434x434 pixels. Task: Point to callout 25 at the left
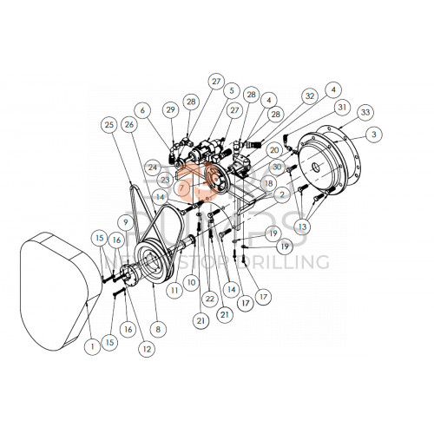point(109,124)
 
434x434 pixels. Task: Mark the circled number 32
point(308,96)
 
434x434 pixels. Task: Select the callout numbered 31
point(342,107)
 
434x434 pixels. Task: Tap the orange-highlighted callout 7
point(182,187)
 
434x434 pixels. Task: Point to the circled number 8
point(157,330)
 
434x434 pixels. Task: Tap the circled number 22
point(208,297)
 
